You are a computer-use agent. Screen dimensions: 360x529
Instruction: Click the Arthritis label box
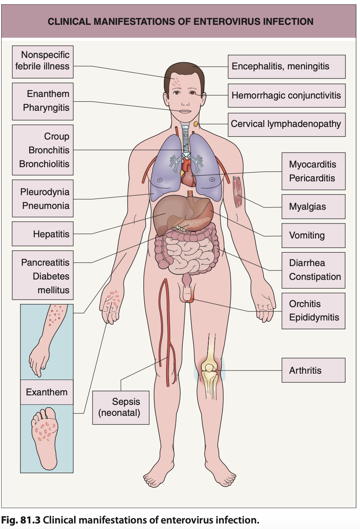click(313, 370)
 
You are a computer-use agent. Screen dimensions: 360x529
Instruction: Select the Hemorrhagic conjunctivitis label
click(286, 95)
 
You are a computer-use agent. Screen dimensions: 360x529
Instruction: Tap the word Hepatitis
click(51, 234)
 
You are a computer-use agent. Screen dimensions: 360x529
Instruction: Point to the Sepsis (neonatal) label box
click(121, 407)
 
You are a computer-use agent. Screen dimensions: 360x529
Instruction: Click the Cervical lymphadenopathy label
click(286, 124)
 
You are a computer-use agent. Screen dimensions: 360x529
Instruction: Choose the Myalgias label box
click(313, 207)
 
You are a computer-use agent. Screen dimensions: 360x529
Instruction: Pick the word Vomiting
click(307, 235)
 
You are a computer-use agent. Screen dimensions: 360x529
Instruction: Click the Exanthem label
click(46, 392)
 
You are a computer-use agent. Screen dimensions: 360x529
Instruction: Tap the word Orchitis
click(305, 304)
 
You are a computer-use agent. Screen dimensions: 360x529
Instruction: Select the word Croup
click(57, 136)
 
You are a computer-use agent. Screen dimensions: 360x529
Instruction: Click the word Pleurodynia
click(45, 192)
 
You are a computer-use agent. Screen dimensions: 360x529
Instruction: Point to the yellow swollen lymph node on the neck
click(196, 124)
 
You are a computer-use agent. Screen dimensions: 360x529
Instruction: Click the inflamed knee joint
click(209, 371)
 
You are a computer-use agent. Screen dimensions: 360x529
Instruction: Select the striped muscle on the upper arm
click(237, 192)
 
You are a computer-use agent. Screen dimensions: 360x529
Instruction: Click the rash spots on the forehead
click(176, 82)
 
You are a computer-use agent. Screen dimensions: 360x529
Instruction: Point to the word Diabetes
click(51, 276)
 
